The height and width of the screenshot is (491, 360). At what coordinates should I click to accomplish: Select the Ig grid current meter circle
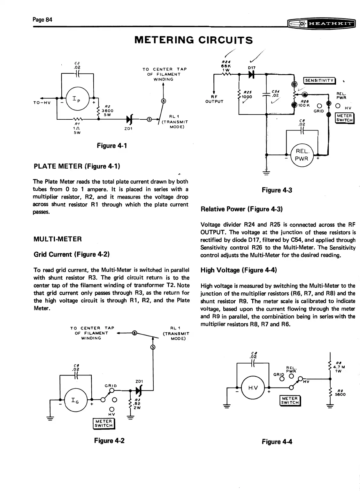click(74, 399)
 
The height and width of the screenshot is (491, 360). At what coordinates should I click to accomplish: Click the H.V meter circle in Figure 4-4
click(253, 389)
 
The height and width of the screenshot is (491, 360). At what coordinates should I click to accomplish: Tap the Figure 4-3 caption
click(277, 190)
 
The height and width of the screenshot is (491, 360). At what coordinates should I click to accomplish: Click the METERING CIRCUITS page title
click(194, 40)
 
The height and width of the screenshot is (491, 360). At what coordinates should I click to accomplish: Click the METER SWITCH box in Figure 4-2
click(103, 423)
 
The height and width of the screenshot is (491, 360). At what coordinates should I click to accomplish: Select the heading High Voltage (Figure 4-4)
click(238, 270)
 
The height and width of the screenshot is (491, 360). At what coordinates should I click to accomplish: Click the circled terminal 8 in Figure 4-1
click(164, 101)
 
